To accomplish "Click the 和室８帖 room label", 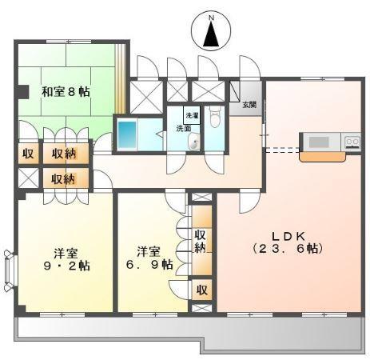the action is (66, 92).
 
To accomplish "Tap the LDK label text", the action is (288, 236).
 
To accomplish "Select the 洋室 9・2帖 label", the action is (66, 259).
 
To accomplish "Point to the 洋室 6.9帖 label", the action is (149, 258).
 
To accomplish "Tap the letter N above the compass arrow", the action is (211, 18).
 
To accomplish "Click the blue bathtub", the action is (127, 134).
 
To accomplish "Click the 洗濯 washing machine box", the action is (192, 115).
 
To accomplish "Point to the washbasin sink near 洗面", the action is (194, 142).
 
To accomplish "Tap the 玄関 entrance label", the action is (249, 105).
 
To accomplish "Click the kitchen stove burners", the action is (352, 141).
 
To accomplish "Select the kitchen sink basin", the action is (319, 142).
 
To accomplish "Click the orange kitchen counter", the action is (323, 157).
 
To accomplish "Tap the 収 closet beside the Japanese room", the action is (28, 154).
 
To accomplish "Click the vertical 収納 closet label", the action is (201, 241).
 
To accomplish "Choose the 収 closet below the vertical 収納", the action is (202, 290).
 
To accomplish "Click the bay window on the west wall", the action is (10, 270).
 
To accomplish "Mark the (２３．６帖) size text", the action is (288, 249).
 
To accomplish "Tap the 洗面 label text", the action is (184, 129).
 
